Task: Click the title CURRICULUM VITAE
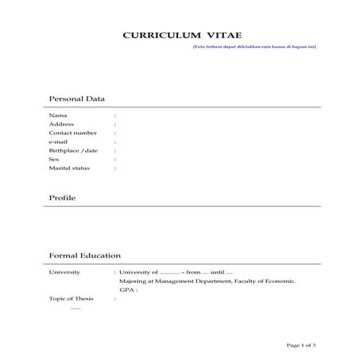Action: point(180,37)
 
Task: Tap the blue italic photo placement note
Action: point(254,47)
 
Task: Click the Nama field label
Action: point(58,115)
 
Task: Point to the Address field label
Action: point(61,124)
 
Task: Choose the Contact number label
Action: point(73,133)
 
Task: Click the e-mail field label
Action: point(59,141)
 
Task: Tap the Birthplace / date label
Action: point(73,150)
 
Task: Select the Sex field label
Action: point(54,159)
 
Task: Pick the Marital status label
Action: point(69,168)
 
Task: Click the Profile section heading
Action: point(62,197)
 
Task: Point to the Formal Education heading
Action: point(85,256)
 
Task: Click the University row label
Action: point(64,273)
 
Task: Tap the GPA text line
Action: point(128,290)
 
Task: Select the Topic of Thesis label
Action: point(72,299)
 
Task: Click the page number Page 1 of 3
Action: point(301,344)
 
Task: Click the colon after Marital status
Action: point(115,168)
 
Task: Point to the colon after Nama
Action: point(115,115)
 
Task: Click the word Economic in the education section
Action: point(278,281)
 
